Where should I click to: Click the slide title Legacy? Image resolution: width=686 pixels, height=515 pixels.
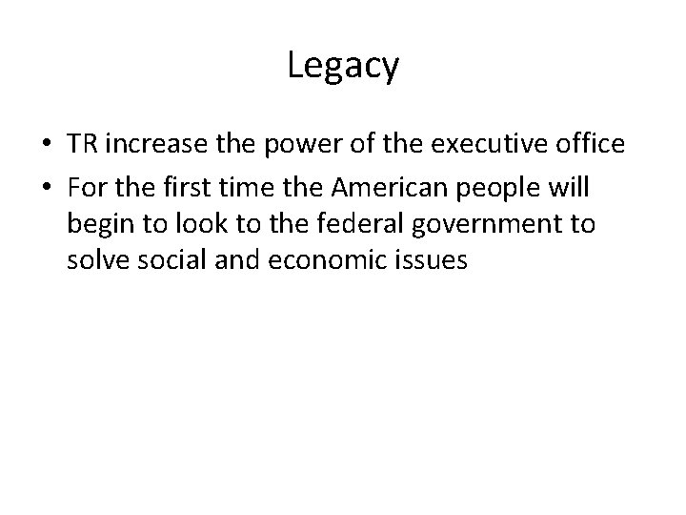click(x=343, y=67)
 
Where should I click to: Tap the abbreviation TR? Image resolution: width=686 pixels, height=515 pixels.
click(x=82, y=145)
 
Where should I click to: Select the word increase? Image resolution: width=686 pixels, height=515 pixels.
click(x=151, y=145)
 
